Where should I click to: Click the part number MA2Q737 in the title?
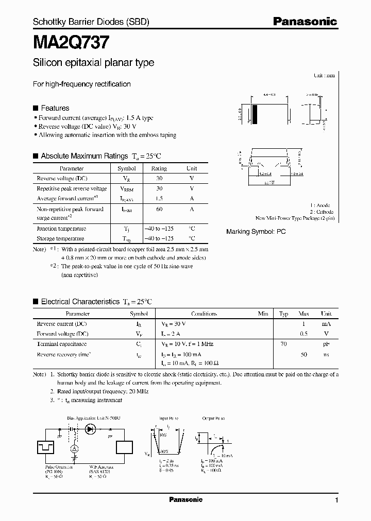(71, 40)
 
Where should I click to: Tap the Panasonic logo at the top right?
(305, 22)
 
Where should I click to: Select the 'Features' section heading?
(55, 108)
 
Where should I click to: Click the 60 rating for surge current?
(159, 209)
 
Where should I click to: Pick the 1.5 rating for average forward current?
(159, 199)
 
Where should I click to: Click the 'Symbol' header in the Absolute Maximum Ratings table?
(126, 168)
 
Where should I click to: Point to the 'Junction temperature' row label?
(61, 229)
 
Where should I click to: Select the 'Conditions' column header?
(204, 314)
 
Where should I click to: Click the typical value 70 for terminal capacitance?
(283, 344)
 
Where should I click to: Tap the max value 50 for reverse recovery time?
(303, 355)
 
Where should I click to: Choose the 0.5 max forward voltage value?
(303, 334)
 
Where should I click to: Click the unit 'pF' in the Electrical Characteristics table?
(326, 344)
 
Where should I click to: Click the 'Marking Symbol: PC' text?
(256, 232)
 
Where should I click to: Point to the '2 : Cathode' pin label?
(322, 212)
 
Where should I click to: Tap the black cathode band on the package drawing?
(254, 114)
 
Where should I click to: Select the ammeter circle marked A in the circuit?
(74, 449)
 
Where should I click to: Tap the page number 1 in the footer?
(336, 500)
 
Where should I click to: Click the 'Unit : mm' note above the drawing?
(324, 75)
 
